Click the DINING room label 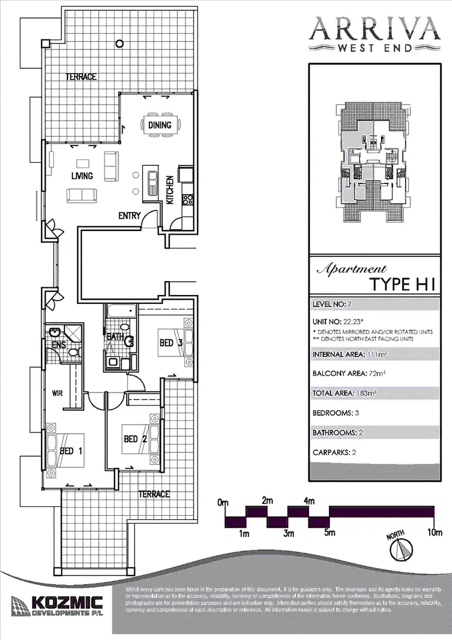click(160, 125)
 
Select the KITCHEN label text click(170, 190)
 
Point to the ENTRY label click(129, 215)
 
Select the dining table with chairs click(160, 125)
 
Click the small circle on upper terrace click(121, 43)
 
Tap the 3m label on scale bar click(289, 533)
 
